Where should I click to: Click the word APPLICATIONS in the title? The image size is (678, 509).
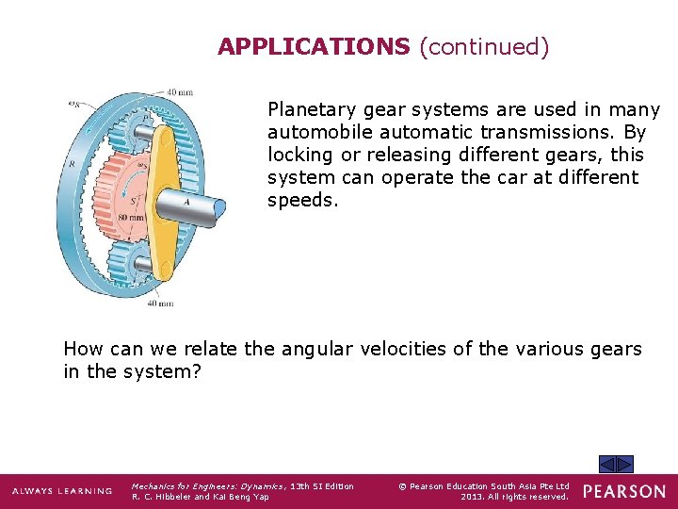click(x=314, y=46)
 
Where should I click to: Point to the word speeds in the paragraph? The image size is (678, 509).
click(x=300, y=201)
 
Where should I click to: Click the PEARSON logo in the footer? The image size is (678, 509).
click(x=623, y=491)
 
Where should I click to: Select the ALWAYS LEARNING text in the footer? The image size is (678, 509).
click(x=62, y=491)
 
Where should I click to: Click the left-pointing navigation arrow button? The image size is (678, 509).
click(x=607, y=464)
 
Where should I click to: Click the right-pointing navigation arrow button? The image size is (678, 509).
click(x=625, y=464)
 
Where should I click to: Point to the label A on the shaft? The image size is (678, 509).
click(x=186, y=201)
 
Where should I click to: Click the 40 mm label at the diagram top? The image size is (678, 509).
click(x=179, y=92)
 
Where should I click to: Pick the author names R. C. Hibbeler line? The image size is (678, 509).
click(x=200, y=497)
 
